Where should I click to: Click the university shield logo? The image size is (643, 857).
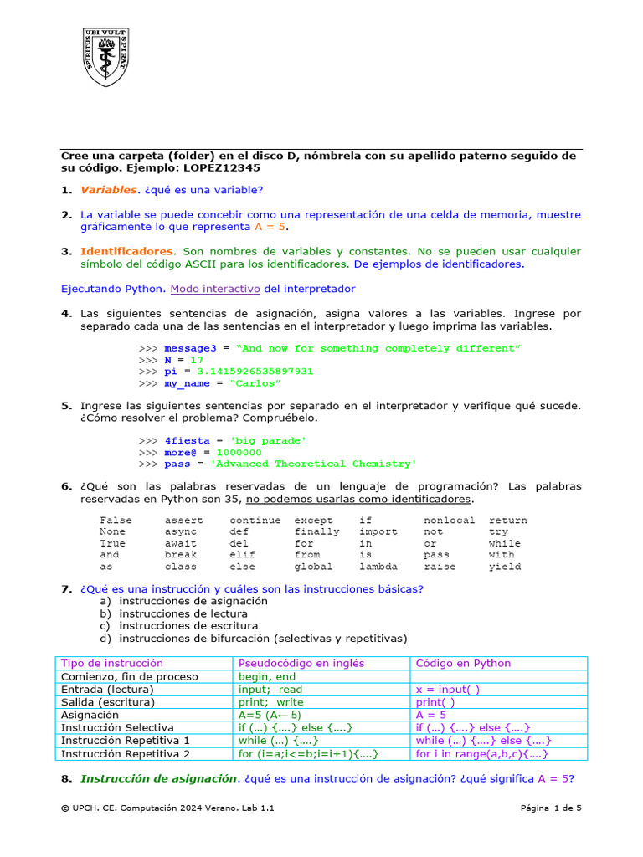[x=105, y=56]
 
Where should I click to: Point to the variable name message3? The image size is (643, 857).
[x=190, y=348]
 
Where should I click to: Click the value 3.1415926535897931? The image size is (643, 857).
[x=255, y=372]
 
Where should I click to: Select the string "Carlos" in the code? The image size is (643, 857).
[x=255, y=383]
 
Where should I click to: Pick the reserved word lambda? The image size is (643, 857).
[x=378, y=567]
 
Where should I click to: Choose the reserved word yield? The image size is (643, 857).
[x=505, y=567]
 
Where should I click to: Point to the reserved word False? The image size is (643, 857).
[x=116, y=521]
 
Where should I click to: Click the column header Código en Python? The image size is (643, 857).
[x=463, y=663]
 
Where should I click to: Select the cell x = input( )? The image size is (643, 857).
[x=448, y=690]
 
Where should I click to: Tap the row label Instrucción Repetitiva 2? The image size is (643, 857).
[x=126, y=754]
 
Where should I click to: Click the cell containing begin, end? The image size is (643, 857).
[x=267, y=676]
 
